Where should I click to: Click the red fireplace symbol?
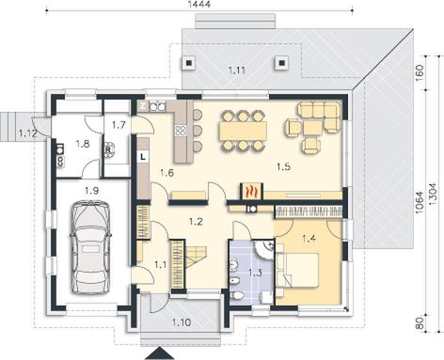251,190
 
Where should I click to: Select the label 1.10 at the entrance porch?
182,324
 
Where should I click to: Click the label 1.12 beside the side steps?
29,134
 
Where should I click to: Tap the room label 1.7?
119,124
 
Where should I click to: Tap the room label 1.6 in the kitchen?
166,172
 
